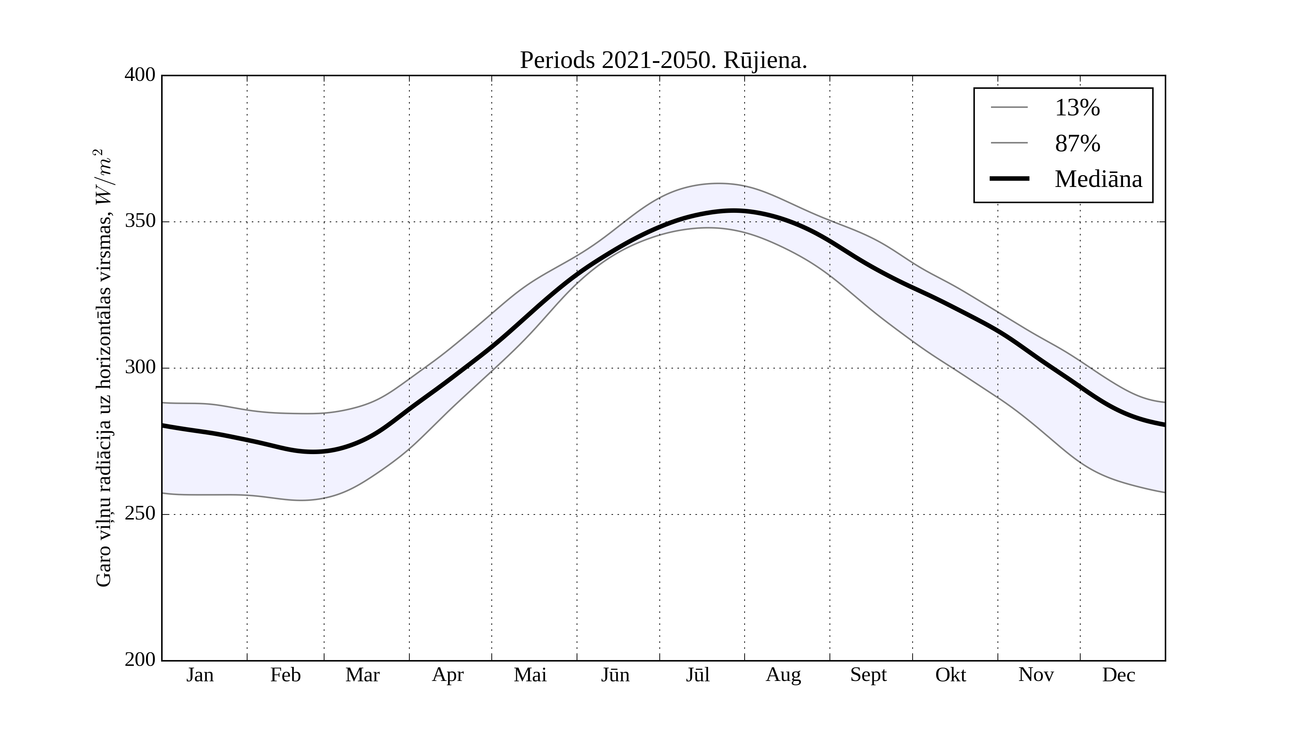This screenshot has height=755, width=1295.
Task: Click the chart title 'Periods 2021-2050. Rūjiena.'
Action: [663, 61]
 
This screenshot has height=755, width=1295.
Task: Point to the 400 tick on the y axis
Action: [140, 75]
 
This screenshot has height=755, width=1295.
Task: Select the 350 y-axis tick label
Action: [140, 221]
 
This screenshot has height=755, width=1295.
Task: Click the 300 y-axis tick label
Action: [140, 368]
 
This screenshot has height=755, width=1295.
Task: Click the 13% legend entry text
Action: [1077, 108]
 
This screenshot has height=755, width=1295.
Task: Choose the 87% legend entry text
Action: [1077, 143]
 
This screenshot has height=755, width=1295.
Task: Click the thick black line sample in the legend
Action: [1009, 179]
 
